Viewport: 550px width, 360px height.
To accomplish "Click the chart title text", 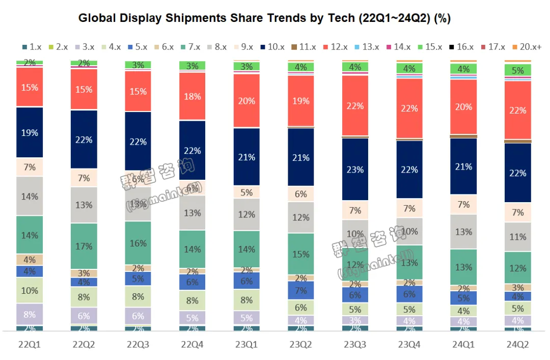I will [264, 18].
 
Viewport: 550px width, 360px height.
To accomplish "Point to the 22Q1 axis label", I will [30, 344].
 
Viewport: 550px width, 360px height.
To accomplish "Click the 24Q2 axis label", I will [517, 344].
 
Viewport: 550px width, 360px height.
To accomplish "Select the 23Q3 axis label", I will [355, 344].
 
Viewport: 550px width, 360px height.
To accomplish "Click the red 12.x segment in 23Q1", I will [246, 100].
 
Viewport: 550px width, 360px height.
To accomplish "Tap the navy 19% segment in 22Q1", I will [30, 132].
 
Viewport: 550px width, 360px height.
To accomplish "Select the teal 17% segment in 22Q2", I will [84, 246].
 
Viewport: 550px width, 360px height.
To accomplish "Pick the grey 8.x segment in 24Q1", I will [463, 232].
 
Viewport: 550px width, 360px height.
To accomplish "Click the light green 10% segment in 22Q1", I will [30, 290].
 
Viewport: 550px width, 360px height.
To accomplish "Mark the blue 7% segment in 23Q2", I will [300, 290].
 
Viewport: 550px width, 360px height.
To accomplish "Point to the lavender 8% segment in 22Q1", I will [30, 314].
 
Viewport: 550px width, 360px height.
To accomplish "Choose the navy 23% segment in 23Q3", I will [355, 169].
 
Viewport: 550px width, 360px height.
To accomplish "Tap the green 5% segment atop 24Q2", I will [517, 70].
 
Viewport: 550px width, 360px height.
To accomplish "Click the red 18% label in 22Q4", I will [193, 96].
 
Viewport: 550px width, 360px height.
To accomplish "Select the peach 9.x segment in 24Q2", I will [517, 212].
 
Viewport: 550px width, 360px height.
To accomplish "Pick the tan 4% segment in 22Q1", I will [30, 260].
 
